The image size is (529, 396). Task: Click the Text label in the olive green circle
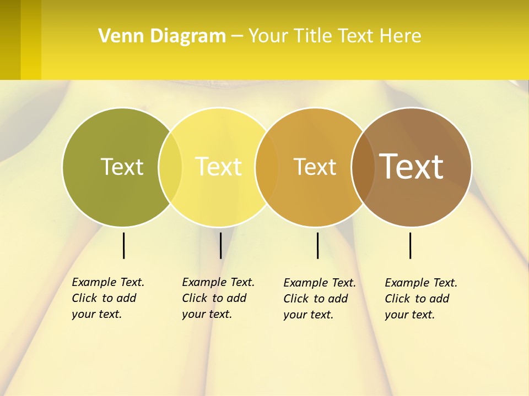[122, 167]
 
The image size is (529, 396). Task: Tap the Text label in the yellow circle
[219, 167]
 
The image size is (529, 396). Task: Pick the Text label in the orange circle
[315, 167]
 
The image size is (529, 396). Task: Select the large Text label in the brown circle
[412, 167]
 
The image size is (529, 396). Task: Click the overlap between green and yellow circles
[170, 167]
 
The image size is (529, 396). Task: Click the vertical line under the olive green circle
[123, 245]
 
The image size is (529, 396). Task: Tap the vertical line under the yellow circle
[220, 245]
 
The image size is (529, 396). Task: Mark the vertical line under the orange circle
[317, 245]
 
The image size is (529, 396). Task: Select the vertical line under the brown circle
[410, 245]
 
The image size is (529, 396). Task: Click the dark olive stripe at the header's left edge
[10, 40]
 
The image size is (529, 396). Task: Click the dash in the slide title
[237, 37]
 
